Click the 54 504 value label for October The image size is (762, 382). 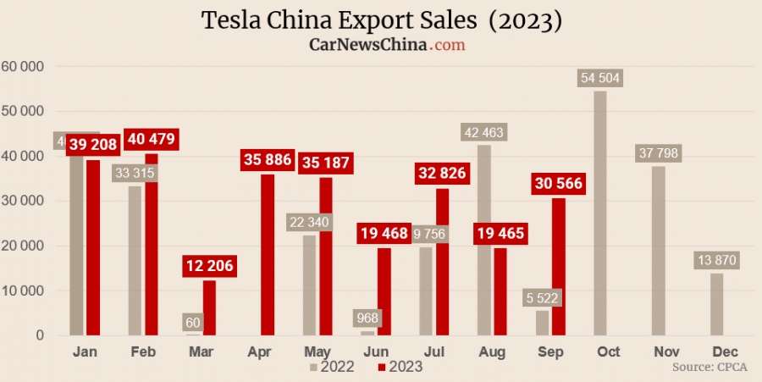[x=600, y=78]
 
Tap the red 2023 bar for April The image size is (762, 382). [x=268, y=254]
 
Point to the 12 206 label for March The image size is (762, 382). [x=207, y=267]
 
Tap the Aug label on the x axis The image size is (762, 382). [x=492, y=352]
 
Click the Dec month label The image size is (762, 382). [x=724, y=352]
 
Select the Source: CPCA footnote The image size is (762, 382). [x=710, y=368]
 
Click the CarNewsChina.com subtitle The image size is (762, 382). [x=387, y=44]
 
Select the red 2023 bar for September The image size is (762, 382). [x=559, y=267]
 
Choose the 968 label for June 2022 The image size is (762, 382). [x=367, y=318]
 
